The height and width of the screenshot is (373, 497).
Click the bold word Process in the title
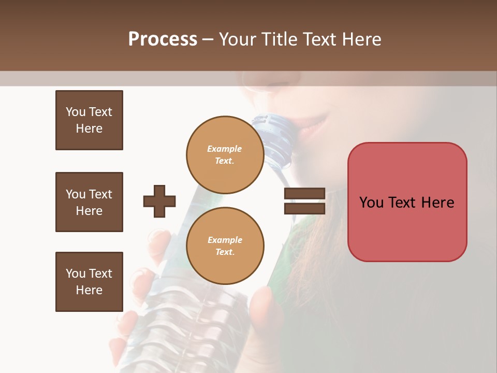(x=163, y=39)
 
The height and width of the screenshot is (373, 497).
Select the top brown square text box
(x=89, y=120)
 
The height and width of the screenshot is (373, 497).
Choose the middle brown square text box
(x=89, y=202)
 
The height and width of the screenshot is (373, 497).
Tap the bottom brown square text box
(x=89, y=282)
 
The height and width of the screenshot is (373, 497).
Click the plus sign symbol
(x=159, y=201)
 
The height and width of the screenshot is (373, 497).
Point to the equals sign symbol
(x=304, y=201)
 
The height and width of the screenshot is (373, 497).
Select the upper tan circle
(x=225, y=154)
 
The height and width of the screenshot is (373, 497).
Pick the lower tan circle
(x=225, y=246)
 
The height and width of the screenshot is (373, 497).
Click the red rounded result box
(x=407, y=202)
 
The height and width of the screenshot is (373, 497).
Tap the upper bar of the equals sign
(x=304, y=194)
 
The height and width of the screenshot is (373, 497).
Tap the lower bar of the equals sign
(x=304, y=208)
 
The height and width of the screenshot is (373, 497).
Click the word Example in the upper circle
(x=225, y=149)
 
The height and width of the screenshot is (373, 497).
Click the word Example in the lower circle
(x=225, y=240)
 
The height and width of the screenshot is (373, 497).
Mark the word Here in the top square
(x=89, y=128)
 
